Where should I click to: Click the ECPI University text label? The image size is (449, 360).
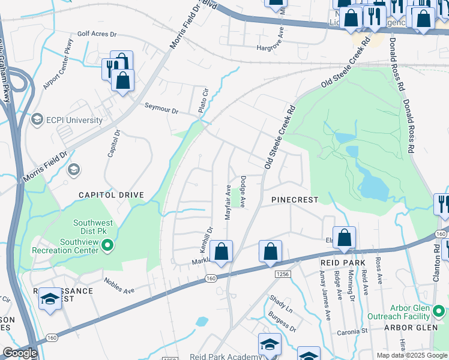76,120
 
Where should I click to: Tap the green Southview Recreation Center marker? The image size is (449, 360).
107,245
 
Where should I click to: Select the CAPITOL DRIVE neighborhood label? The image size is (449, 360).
112,195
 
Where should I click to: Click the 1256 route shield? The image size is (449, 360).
283,274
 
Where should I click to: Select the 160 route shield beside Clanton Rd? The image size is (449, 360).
441,233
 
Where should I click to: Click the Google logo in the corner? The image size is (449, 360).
20,353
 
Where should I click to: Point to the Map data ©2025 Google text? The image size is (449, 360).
411,355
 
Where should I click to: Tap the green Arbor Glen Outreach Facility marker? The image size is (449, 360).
439,312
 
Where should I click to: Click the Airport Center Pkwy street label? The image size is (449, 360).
58,65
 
